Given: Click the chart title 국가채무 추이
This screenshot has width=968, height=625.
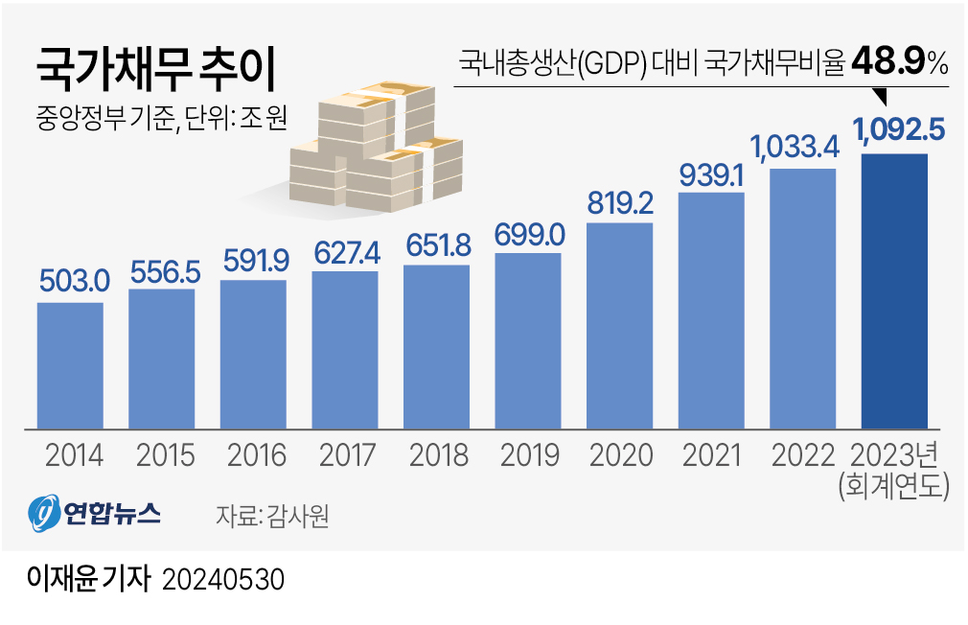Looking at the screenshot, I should tap(154, 69).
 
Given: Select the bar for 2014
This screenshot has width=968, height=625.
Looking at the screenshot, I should tap(70, 364).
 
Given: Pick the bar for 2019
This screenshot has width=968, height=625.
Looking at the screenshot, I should tap(527, 340).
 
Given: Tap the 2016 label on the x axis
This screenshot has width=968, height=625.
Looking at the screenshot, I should tap(253, 454).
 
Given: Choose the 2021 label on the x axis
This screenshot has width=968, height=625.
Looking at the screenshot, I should tap(711, 454).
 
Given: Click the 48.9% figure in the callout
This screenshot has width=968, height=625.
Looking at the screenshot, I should tap(899, 63).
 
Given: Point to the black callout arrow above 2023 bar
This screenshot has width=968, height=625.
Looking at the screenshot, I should tap(882, 97).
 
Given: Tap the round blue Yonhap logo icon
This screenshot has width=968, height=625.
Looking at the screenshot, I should tap(43, 516).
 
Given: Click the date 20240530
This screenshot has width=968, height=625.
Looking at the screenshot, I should tap(224, 581).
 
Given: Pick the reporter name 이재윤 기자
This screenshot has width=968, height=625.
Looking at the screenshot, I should tap(88, 580).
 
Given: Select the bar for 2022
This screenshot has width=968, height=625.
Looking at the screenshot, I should tap(802, 297).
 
